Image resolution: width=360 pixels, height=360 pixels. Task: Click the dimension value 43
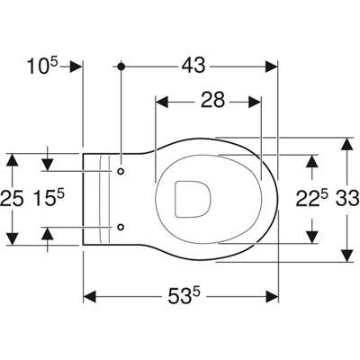click(193, 66)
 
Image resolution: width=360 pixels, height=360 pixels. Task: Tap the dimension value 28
click(212, 100)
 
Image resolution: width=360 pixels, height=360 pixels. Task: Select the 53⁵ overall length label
click(184, 296)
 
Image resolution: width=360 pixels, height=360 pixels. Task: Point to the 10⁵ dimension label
click(43, 66)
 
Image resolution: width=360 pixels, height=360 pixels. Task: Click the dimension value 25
click(12, 199)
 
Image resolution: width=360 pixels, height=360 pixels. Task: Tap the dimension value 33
click(347, 199)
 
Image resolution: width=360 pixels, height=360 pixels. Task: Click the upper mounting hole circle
click(121, 171)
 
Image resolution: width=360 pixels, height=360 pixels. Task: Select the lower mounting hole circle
click(121, 227)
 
